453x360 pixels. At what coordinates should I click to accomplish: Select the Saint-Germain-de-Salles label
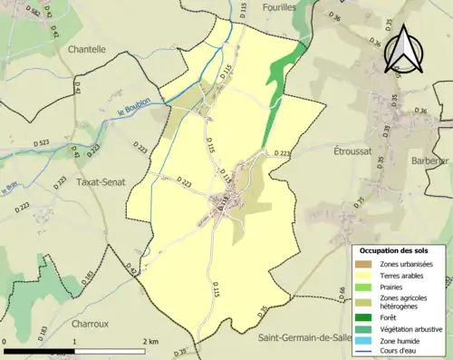click(x=304, y=338)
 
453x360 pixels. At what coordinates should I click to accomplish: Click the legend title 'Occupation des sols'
click(x=400, y=249)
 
